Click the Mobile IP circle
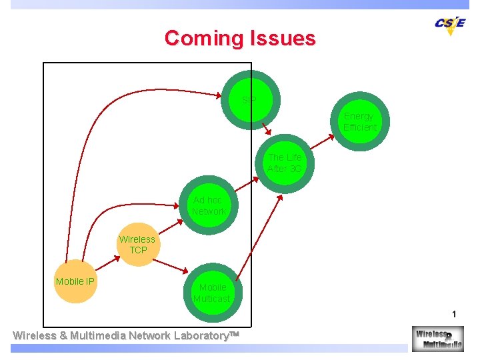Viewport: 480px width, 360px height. tap(75, 282)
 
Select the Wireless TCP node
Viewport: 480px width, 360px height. tap(137, 244)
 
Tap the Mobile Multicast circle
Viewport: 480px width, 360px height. tap(212, 293)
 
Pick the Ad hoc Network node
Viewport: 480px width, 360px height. tap(208, 205)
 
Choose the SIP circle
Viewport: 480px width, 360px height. tap(251, 100)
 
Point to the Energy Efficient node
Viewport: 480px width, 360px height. tap(360, 122)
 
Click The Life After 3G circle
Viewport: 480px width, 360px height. tap(285, 163)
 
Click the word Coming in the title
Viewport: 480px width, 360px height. tap(204, 38)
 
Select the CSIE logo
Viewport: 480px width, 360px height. tap(449, 24)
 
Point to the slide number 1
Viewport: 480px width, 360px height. tap(454, 314)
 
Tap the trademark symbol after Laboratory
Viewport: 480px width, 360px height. tap(233, 335)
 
